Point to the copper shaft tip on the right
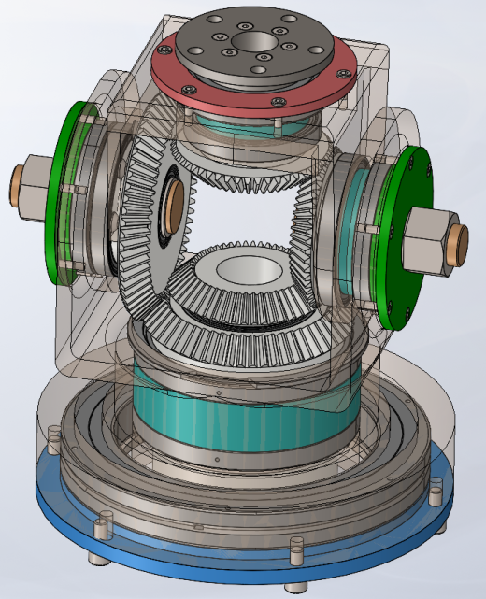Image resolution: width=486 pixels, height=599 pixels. [x=459, y=244]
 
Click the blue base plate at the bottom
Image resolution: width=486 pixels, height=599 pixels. [x=168, y=551]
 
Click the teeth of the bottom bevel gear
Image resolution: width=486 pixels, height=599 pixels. [x=243, y=318]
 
